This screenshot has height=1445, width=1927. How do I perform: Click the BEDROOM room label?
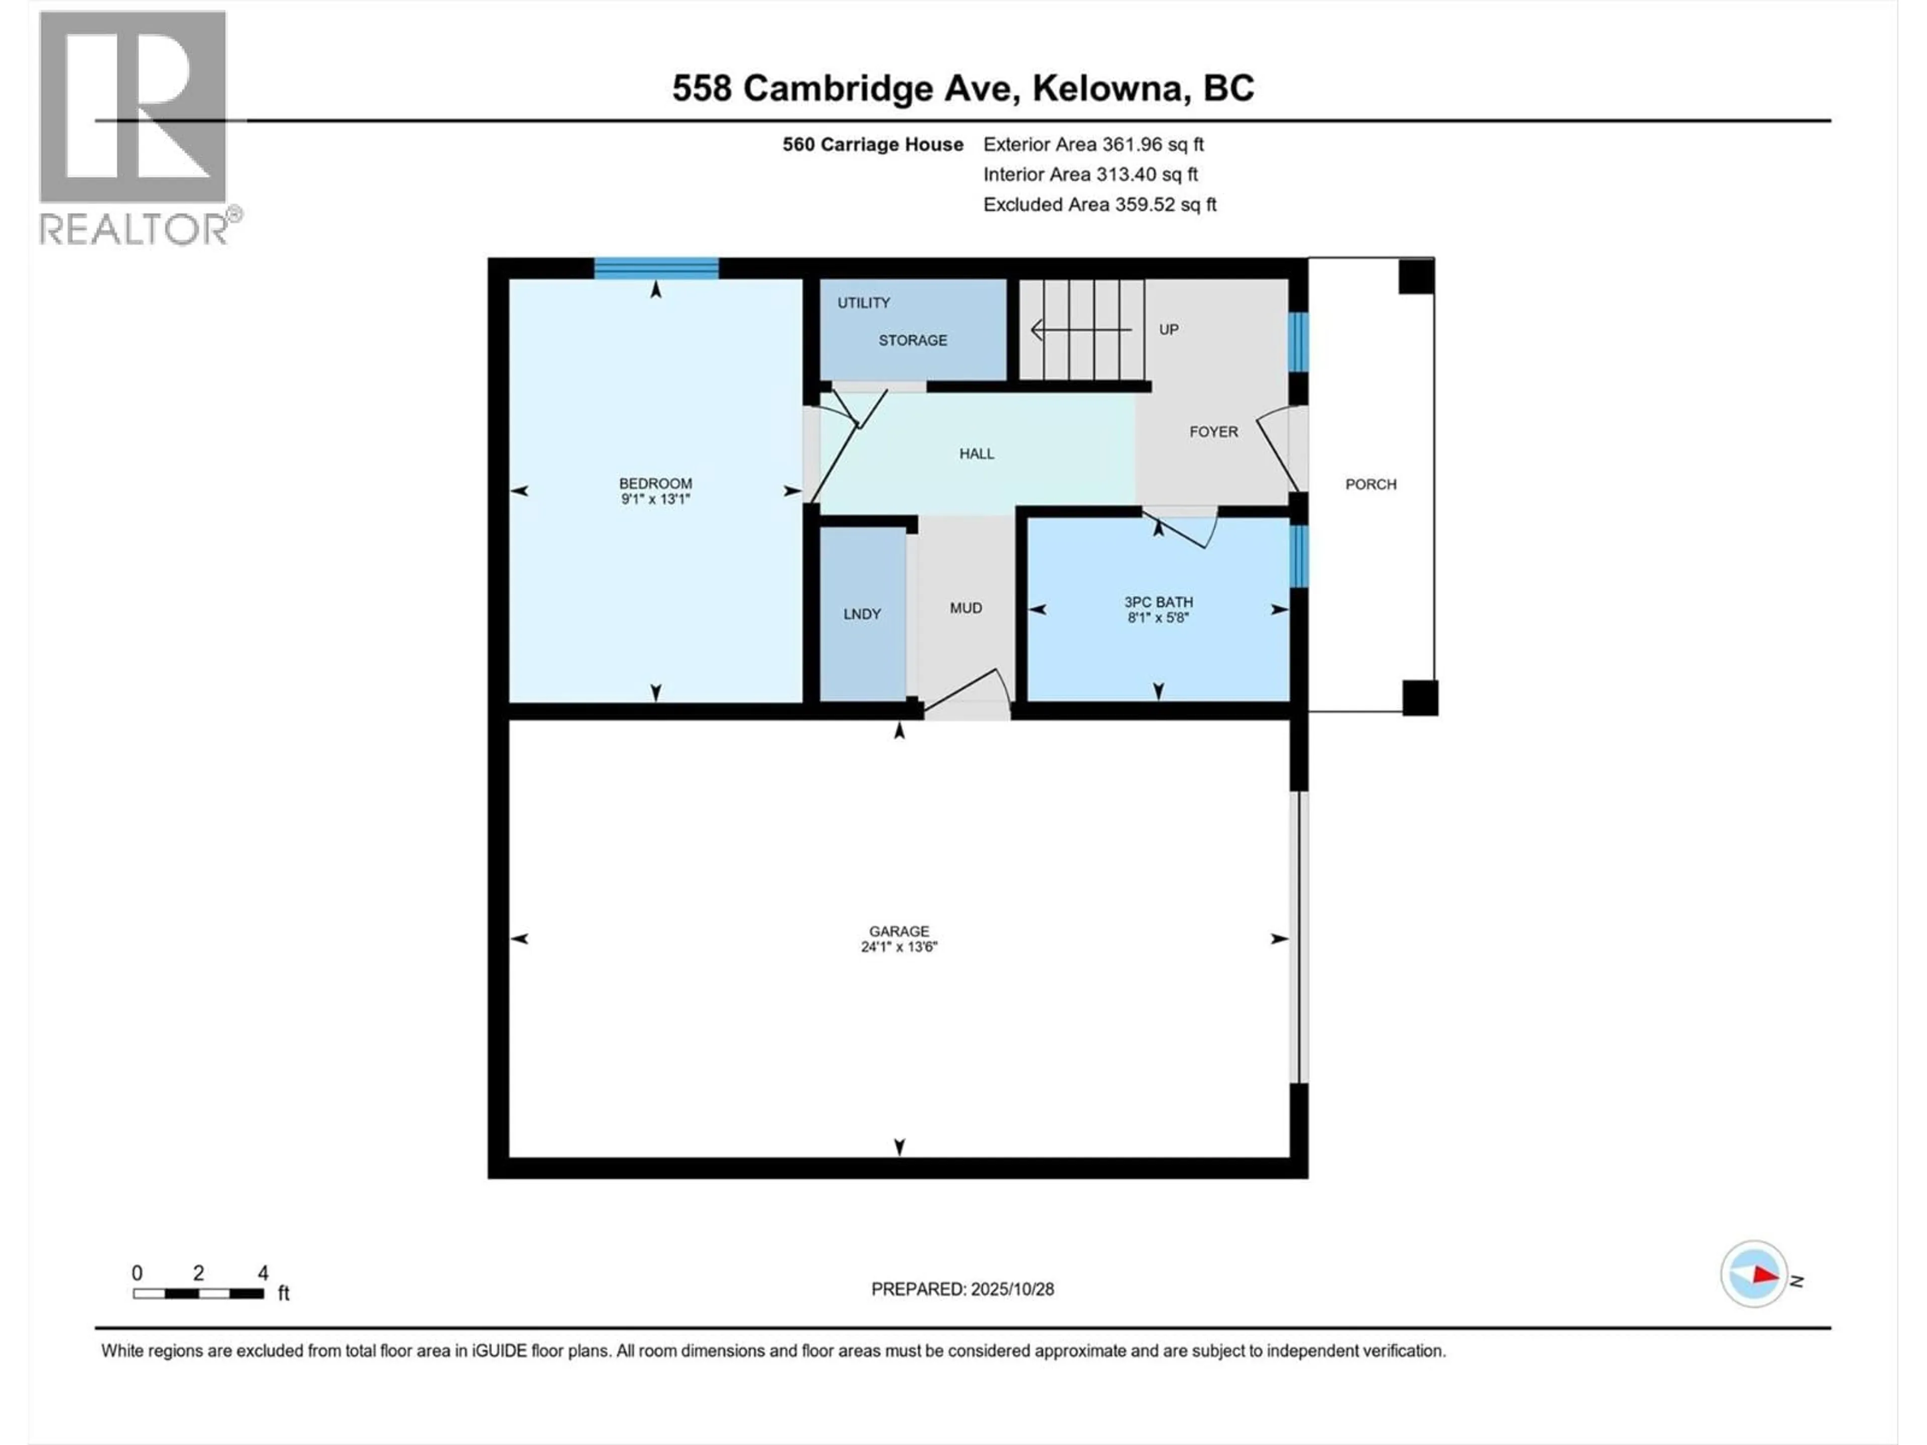(x=655, y=483)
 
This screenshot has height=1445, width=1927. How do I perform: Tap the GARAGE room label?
(x=899, y=931)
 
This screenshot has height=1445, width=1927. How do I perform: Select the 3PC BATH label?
(x=1158, y=602)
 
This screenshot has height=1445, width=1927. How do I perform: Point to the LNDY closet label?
(x=862, y=614)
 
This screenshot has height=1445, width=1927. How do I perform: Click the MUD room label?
(x=965, y=608)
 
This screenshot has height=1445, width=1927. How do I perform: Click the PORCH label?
(x=1370, y=484)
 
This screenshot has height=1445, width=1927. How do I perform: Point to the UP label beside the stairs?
(x=1168, y=329)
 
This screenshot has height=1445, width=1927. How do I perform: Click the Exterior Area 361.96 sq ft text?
(x=1093, y=144)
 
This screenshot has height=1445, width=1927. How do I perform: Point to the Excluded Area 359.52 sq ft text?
(x=1099, y=205)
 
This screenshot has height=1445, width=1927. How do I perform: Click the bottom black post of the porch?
(x=1419, y=698)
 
